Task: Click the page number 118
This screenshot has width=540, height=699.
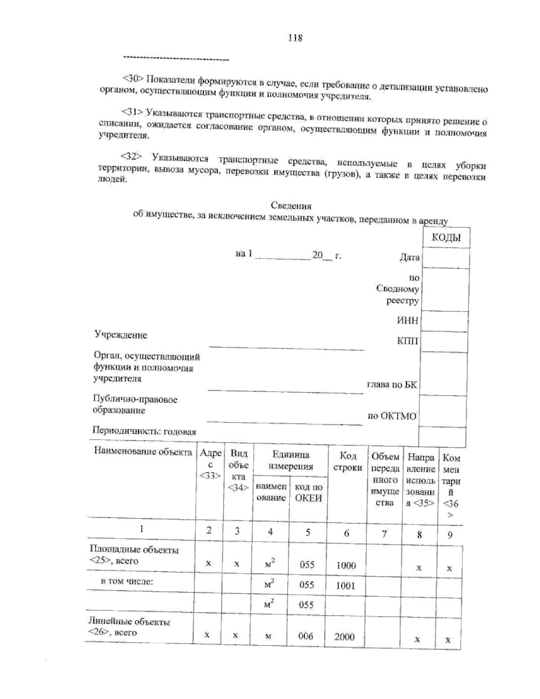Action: click(x=295, y=38)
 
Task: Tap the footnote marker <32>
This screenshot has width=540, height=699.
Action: click(x=131, y=156)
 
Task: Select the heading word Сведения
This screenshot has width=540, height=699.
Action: click(x=291, y=206)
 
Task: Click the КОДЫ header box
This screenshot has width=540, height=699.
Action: click(x=446, y=238)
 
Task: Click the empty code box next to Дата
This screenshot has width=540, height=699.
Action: click(x=445, y=258)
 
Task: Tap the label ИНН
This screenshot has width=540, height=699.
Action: click(x=407, y=320)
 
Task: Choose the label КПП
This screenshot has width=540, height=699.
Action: click(x=407, y=341)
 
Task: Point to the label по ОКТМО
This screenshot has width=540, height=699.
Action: click(x=392, y=416)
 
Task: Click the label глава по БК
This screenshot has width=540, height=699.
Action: click(x=392, y=385)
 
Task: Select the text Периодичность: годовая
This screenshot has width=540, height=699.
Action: click(x=144, y=432)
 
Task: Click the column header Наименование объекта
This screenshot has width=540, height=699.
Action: click(x=143, y=452)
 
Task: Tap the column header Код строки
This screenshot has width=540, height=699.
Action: click(x=347, y=462)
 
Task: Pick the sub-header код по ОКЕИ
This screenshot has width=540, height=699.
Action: click(x=308, y=492)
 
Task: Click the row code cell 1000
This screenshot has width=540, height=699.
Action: click(x=346, y=566)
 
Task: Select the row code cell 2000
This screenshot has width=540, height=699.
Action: click(x=344, y=637)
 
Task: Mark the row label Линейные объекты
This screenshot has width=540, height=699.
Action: click(x=130, y=622)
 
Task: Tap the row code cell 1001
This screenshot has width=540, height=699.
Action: click(x=345, y=586)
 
